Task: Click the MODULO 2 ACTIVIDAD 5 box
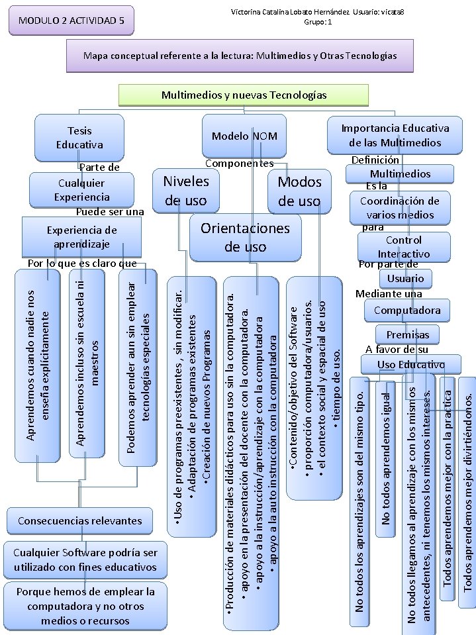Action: [71, 21]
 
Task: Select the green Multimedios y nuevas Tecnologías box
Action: [244, 95]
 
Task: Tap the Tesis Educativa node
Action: [79, 138]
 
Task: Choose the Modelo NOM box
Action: [244, 136]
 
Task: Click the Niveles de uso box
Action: [186, 191]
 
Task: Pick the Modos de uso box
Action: [299, 191]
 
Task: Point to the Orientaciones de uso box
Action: [245, 237]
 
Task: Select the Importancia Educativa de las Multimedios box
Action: [395, 135]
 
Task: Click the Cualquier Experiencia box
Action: [83, 190]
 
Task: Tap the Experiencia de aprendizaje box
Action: [81, 236]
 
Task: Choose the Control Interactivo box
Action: [403, 246]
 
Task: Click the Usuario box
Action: [406, 278]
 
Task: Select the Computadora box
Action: [406, 310]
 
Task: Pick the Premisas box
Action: [407, 334]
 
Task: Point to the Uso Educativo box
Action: [410, 364]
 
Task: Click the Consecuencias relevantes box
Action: [79, 520]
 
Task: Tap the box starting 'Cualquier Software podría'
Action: [85, 560]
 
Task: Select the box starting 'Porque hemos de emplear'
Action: [85, 606]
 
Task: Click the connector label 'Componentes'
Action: [239, 164]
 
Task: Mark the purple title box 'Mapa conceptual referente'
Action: [240, 56]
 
